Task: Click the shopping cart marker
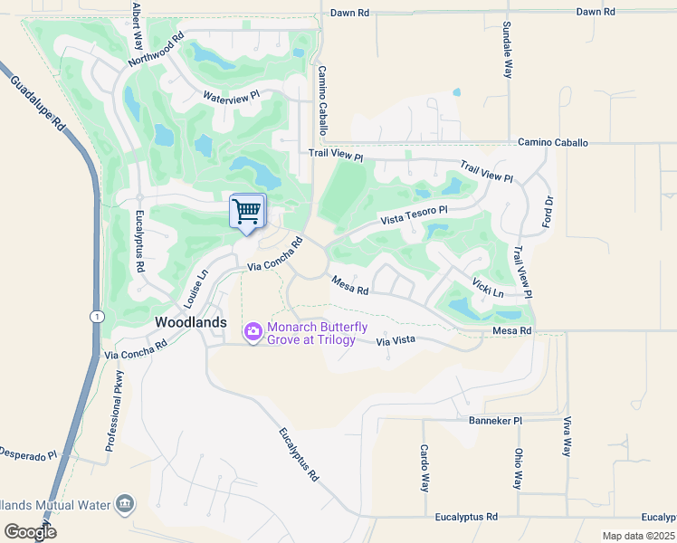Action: [247, 212]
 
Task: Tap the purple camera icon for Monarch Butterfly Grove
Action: [253, 334]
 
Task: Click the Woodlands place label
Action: [191, 322]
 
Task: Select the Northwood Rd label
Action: [157, 50]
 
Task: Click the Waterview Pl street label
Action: [231, 95]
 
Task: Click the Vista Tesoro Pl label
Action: [414, 215]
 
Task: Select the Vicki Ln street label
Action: [488, 287]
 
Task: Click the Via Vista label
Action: [395, 340]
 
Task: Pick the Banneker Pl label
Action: [495, 421]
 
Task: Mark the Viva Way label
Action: [567, 438]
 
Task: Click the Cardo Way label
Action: [424, 467]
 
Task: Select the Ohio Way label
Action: [519, 467]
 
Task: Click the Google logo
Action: [31, 531]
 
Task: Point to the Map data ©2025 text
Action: [637, 536]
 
